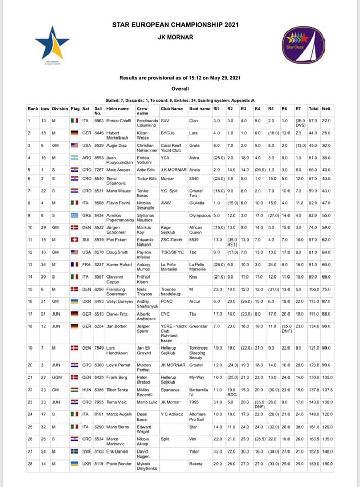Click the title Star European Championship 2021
(x=175, y=25)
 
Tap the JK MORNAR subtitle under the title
(x=175, y=37)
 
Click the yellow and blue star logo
(x=52, y=44)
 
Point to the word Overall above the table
(x=179, y=88)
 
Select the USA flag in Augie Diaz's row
(x=75, y=145)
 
